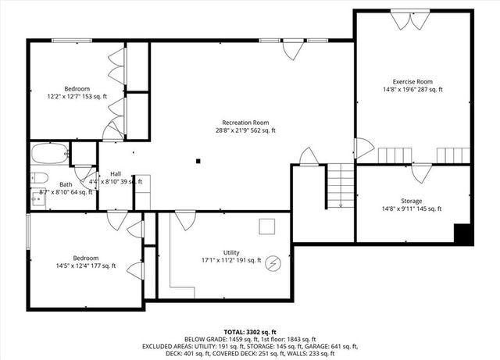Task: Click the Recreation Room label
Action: pyautogui.click(x=245, y=122)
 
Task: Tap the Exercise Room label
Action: pyautogui.click(x=412, y=81)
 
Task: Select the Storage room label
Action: pyautogui.click(x=412, y=201)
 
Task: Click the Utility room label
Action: pyautogui.click(x=231, y=252)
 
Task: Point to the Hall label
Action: pyautogui.click(x=116, y=173)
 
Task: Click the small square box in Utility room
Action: pyautogui.click(x=267, y=226)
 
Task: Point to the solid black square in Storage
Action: pyautogui.click(x=463, y=233)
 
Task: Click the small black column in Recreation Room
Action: pyautogui.click(x=198, y=161)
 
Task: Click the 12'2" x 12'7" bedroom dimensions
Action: pyautogui.click(x=77, y=97)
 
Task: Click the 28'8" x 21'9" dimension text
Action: pyautogui.click(x=245, y=131)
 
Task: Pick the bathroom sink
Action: pyautogui.click(x=36, y=200)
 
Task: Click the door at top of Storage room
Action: pyautogui.click(x=423, y=173)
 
